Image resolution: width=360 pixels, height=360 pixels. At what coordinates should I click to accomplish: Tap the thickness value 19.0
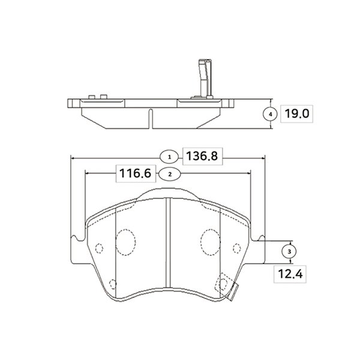point(299,113)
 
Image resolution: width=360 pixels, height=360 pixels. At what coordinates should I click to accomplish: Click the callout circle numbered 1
point(170,157)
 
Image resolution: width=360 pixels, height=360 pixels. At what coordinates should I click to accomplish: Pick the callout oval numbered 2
point(170,174)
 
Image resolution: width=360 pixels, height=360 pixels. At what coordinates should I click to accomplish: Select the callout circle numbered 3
point(290,250)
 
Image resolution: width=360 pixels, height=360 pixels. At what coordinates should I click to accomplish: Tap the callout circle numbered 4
point(271,113)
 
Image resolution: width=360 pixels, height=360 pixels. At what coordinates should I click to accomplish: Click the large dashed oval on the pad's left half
point(126,242)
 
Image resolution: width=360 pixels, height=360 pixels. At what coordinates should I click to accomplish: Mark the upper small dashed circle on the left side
point(100,247)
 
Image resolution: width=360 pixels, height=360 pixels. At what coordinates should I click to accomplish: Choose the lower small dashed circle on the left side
point(112,283)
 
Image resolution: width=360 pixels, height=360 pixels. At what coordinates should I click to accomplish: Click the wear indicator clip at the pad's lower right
point(228,286)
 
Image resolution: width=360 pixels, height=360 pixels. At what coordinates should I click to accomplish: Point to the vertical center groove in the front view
point(169,246)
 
